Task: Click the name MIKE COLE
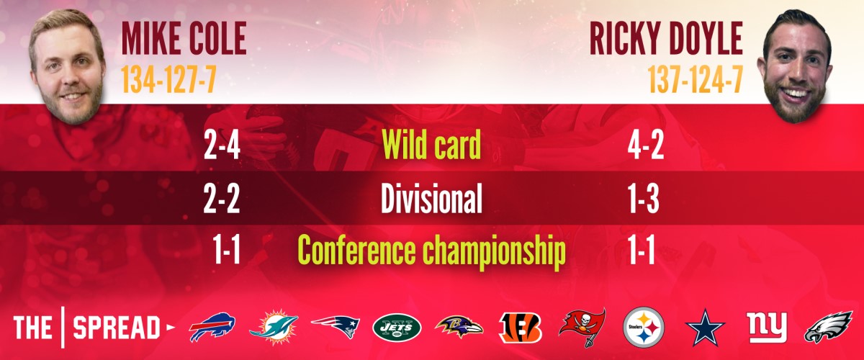pos(184,39)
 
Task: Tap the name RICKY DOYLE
pos(666,39)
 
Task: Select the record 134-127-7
pos(168,79)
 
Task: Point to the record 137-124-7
pos(696,79)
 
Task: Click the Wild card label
pos(431,145)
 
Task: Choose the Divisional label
pos(431,198)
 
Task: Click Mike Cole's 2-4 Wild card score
pos(222,145)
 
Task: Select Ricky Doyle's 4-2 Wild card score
pos(646,145)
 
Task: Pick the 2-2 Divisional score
pos(222,199)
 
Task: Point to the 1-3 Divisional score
pos(644,199)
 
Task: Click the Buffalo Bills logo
pos(212,327)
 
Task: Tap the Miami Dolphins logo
pos(274,327)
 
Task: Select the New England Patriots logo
pos(336,327)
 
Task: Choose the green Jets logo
pos(397,328)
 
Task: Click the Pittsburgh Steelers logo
pos(644,327)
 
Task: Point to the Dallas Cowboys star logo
pos(705,328)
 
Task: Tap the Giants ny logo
pos(767,327)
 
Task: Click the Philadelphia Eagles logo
pos(828,327)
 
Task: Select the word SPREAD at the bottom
pos(117,328)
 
